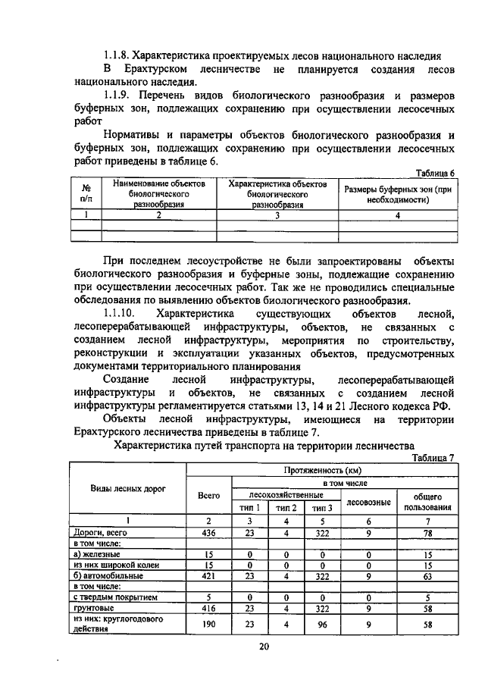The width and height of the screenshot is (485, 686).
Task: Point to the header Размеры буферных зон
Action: pos(398,194)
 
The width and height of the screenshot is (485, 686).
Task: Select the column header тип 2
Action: pos(286,508)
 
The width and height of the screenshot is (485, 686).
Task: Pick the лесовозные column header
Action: pos(368,501)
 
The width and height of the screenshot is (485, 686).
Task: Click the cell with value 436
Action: pos(208,533)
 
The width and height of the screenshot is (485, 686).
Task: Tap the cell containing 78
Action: pos(428,533)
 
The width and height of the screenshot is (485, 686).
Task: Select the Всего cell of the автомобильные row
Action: pos(208,575)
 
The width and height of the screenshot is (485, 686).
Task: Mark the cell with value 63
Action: pos(428,575)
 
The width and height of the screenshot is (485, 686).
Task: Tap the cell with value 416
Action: pos(208,607)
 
